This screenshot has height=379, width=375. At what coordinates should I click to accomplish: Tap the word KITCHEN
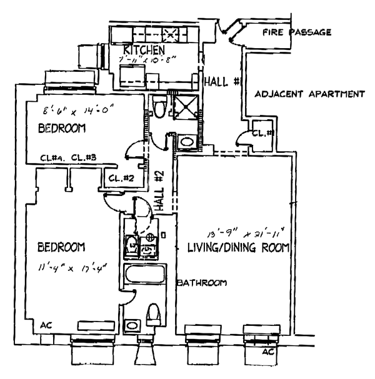pyautogui.click(x=144, y=49)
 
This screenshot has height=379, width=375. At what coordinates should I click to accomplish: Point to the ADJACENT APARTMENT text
pyautogui.click(x=310, y=95)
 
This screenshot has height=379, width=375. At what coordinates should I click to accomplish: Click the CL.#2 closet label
pyautogui.click(x=117, y=178)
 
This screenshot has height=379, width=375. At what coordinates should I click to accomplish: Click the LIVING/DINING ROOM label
pyautogui.click(x=238, y=248)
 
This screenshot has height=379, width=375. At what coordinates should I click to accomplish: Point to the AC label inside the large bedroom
pyautogui.click(x=46, y=325)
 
